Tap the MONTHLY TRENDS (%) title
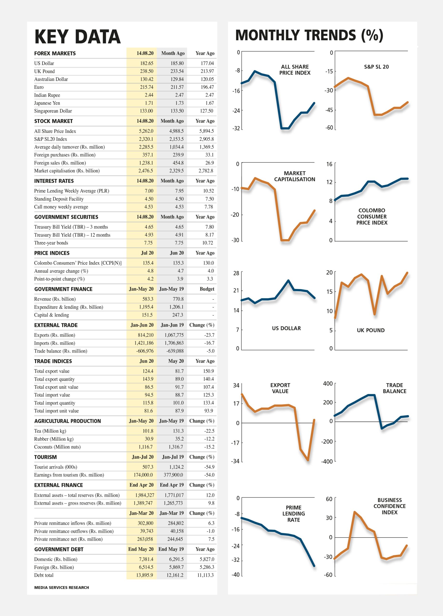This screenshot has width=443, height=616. [x=309, y=35]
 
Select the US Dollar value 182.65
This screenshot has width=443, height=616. [x=147, y=63]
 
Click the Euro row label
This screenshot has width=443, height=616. [x=39, y=87]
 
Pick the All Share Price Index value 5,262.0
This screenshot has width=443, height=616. [x=146, y=131]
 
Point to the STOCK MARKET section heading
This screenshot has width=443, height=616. [x=53, y=121]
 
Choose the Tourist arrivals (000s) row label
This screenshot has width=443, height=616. [x=56, y=467]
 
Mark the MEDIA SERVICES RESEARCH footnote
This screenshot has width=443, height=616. [x=62, y=587]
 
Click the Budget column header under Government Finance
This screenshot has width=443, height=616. [x=207, y=289]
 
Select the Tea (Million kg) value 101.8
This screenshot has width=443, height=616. [x=148, y=431]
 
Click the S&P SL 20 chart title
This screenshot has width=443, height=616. [x=376, y=67]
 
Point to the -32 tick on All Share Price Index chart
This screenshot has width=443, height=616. [x=236, y=128]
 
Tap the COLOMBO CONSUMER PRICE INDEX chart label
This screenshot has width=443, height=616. [x=372, y=217]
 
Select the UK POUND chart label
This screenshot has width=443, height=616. [x=371, y=330]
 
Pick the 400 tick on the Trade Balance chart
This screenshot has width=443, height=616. [x=328, y=384]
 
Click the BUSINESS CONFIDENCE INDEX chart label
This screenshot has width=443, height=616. [x=390, y=506]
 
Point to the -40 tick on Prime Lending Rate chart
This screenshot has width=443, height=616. [x=236, y=575]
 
